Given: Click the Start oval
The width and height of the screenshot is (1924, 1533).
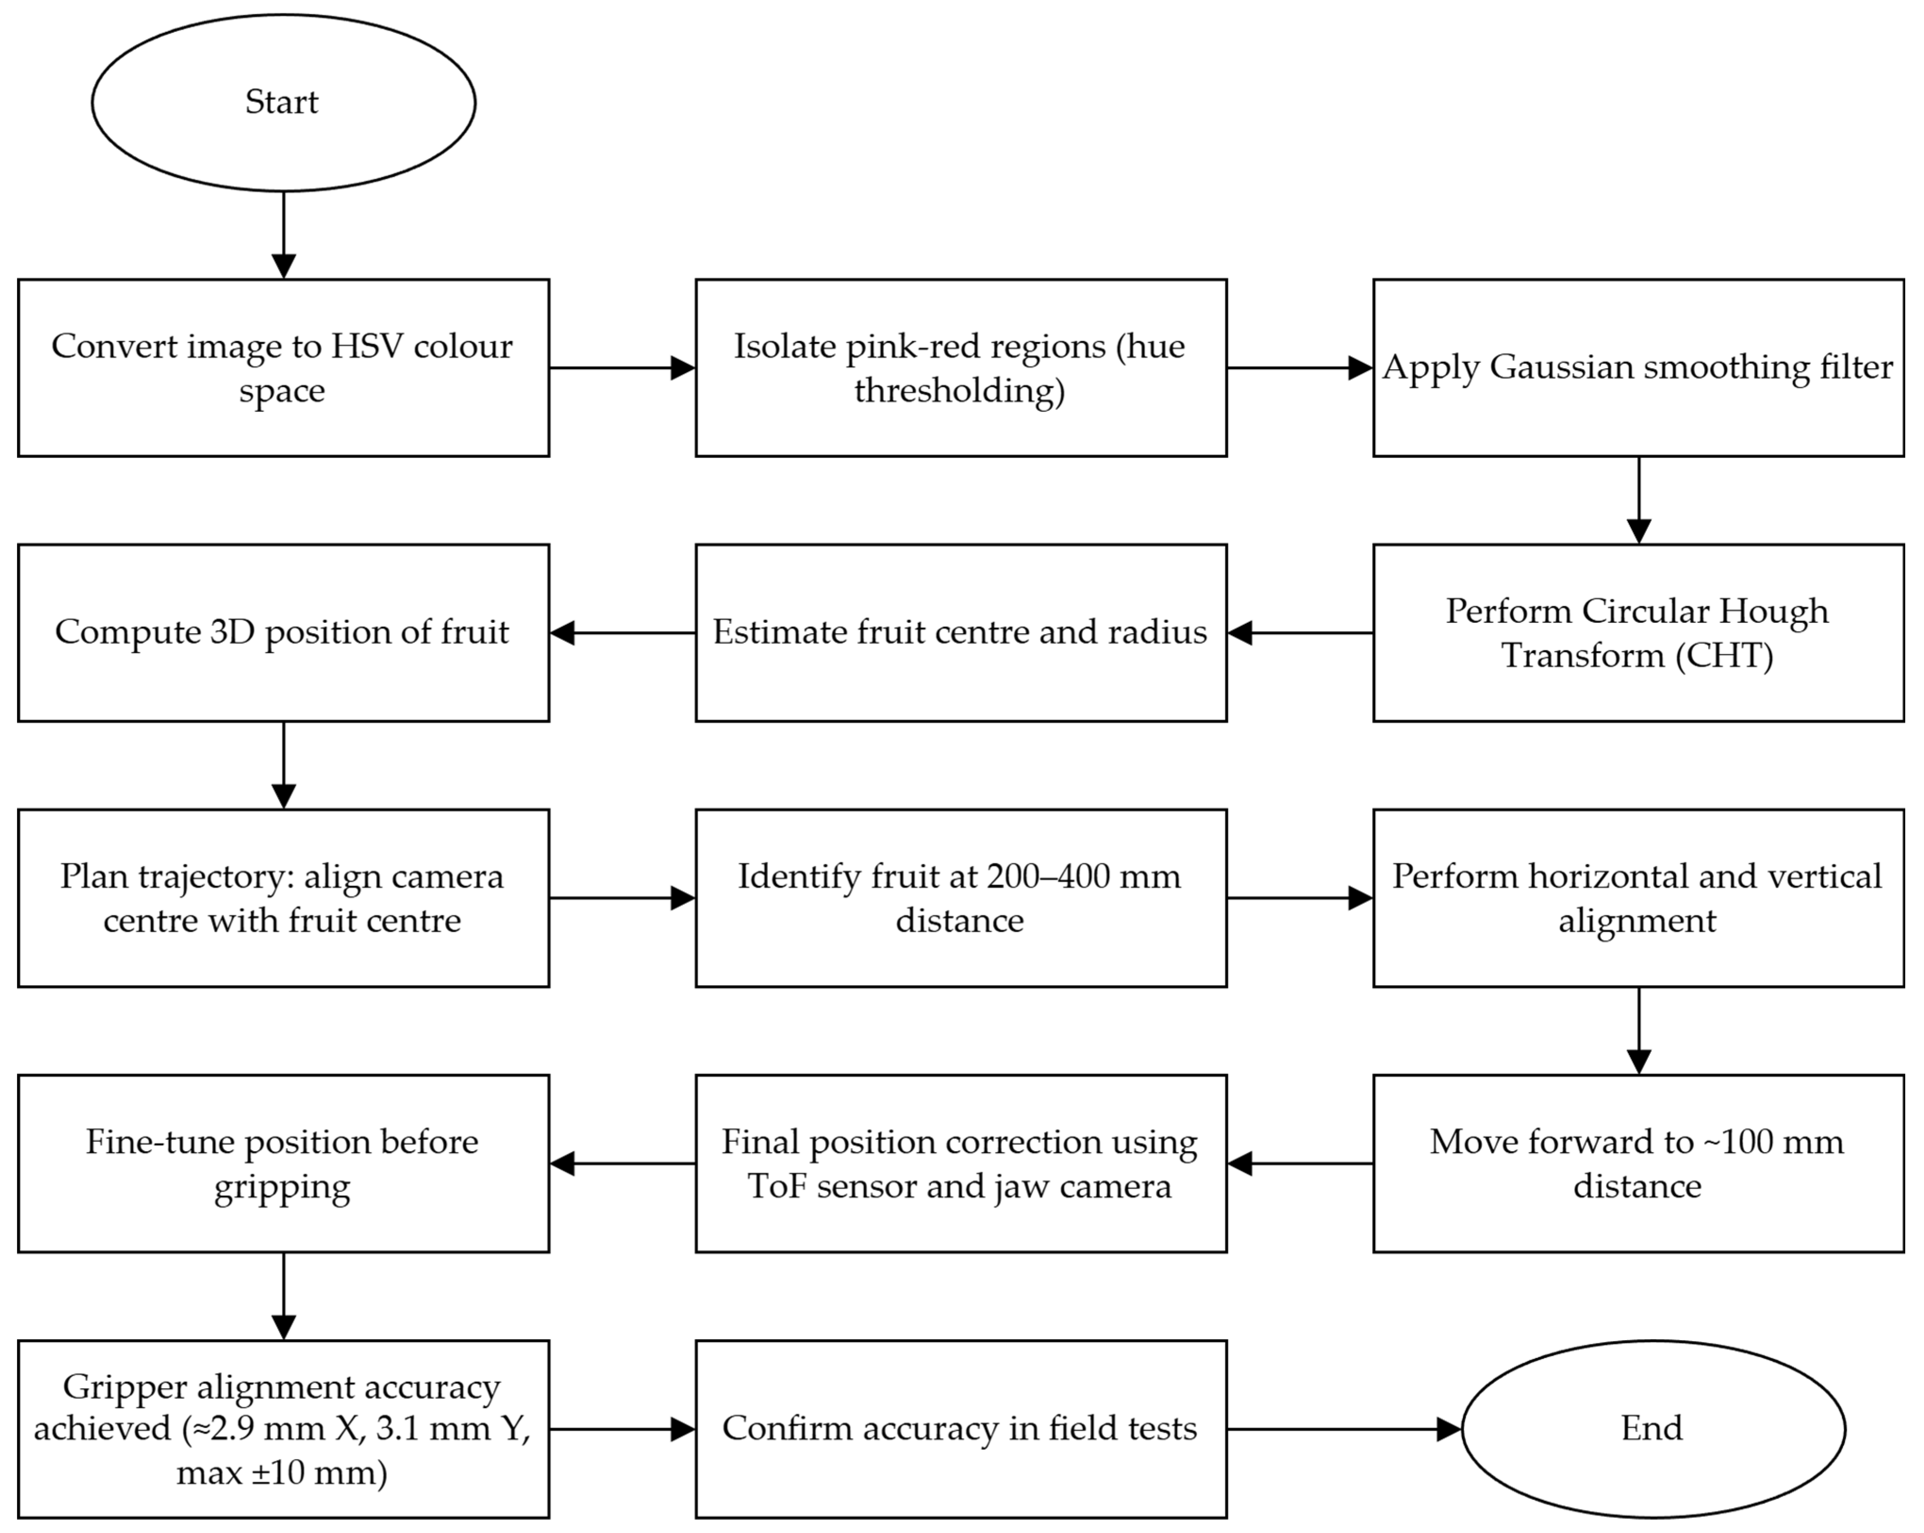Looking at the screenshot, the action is (284, 103).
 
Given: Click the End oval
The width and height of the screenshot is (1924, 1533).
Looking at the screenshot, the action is (1653, 1429).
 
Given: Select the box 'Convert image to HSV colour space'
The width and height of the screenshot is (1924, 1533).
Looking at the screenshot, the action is (284, 368).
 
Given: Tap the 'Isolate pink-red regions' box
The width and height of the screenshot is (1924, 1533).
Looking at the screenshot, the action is (961, 368).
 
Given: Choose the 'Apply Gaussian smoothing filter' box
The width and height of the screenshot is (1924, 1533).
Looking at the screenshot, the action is (1638, 368).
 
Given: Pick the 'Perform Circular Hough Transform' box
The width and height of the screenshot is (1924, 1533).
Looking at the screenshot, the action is (1638, 633).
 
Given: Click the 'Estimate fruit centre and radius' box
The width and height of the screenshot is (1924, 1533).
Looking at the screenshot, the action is (961, 633).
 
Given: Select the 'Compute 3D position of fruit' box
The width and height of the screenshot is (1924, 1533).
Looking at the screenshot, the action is (284, 633).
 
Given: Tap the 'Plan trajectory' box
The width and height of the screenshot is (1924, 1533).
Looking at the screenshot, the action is (284, 898).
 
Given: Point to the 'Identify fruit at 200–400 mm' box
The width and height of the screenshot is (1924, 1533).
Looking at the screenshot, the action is (961, 898).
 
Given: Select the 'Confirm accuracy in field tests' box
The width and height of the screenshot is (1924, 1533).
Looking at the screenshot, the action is (961, 1429).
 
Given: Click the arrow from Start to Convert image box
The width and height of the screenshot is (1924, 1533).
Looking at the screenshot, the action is (284, 235).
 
